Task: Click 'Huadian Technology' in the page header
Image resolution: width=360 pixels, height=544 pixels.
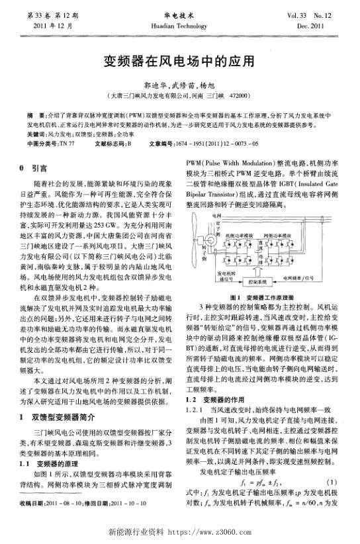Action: click(179, 24)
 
